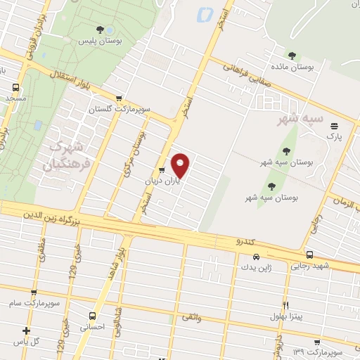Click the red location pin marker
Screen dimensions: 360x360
181,165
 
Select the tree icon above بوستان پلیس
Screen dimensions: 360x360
101,30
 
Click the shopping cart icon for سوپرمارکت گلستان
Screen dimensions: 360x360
118,98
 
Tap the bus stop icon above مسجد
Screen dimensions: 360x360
15,88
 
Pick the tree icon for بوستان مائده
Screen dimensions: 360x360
292,56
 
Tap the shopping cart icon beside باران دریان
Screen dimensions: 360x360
162,170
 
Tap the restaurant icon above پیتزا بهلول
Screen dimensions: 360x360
285,304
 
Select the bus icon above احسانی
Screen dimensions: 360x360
92,316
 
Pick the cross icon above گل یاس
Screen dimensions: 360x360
26,330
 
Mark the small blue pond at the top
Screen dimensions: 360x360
205,13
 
